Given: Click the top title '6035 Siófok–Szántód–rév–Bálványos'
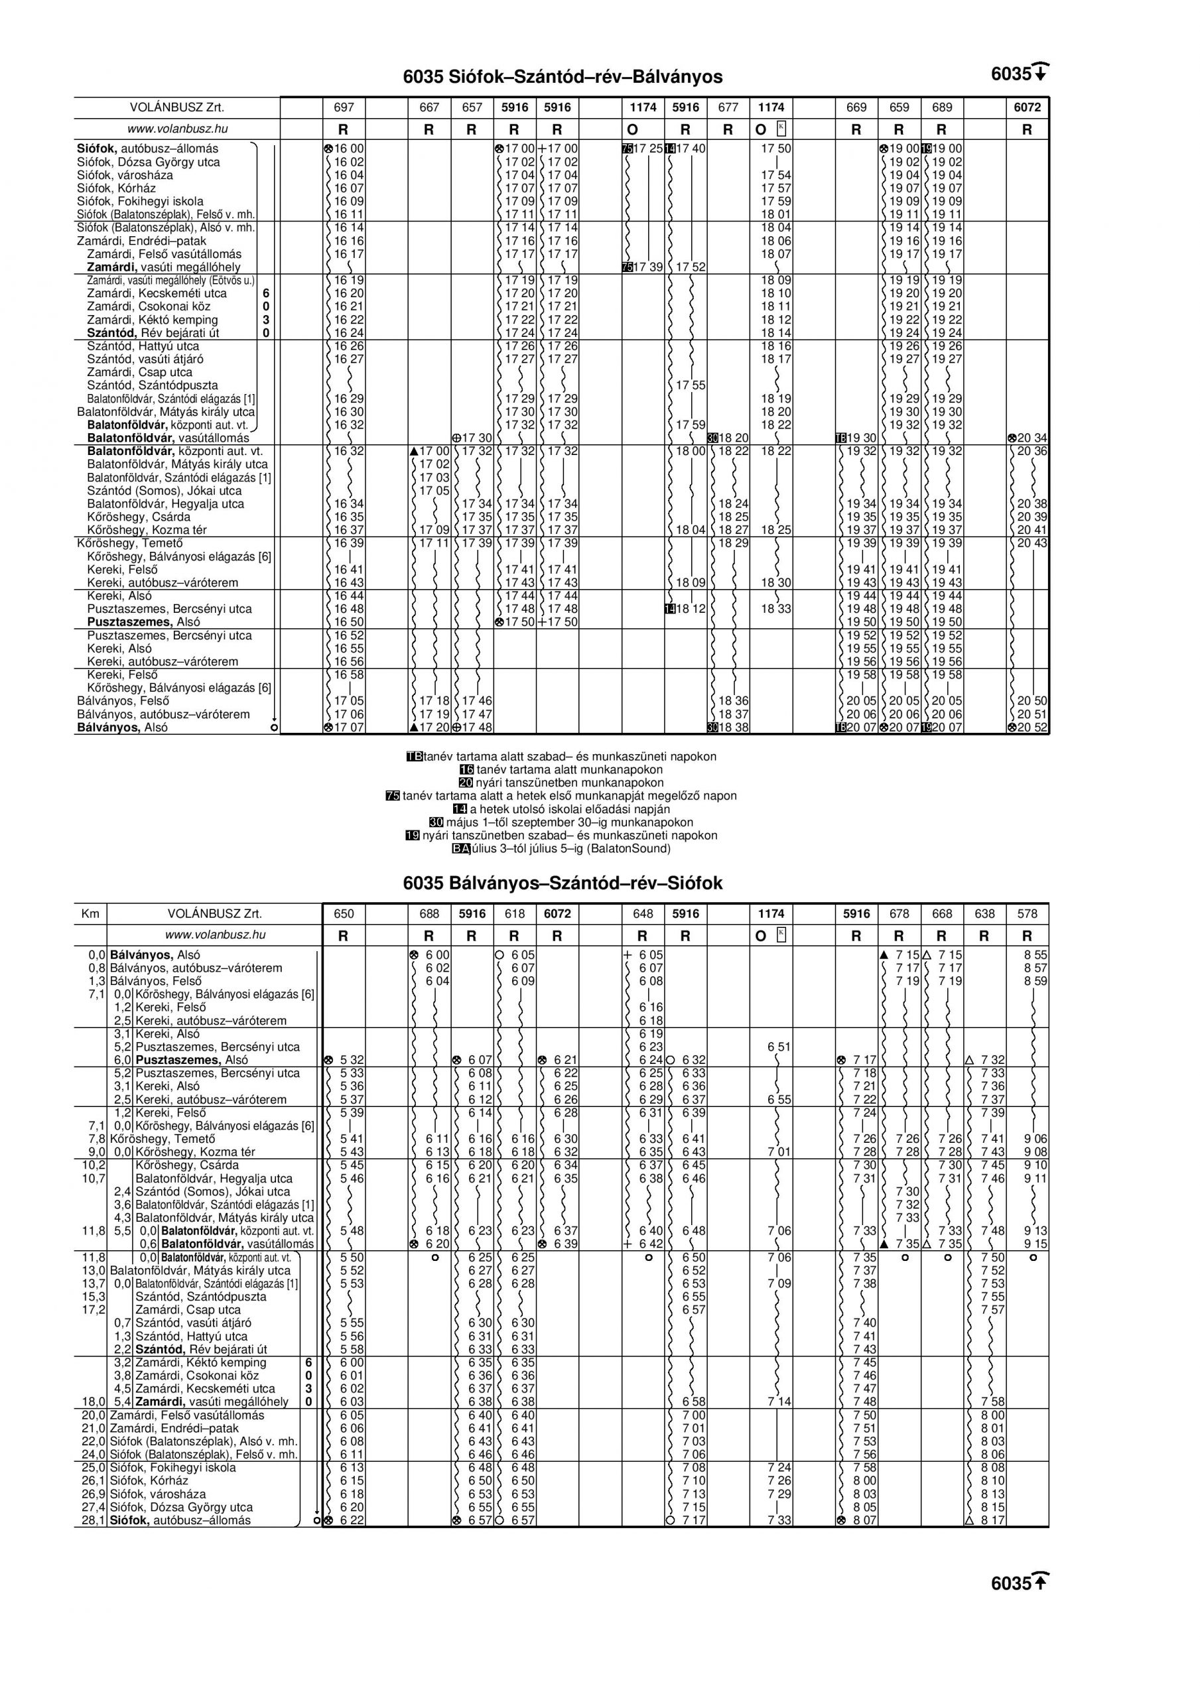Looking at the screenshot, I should (563, 77).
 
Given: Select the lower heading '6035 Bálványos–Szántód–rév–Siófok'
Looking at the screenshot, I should (563, 883).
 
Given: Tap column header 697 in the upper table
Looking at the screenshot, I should (344, 107).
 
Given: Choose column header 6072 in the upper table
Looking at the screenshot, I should (1027, 107).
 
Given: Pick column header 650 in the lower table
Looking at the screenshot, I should (344, 914).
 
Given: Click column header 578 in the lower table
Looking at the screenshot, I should (1027, 914).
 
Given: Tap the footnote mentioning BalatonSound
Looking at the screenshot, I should (563, 848).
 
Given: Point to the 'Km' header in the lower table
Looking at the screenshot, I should (90, 914).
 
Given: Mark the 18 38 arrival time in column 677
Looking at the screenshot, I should (732, 728).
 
